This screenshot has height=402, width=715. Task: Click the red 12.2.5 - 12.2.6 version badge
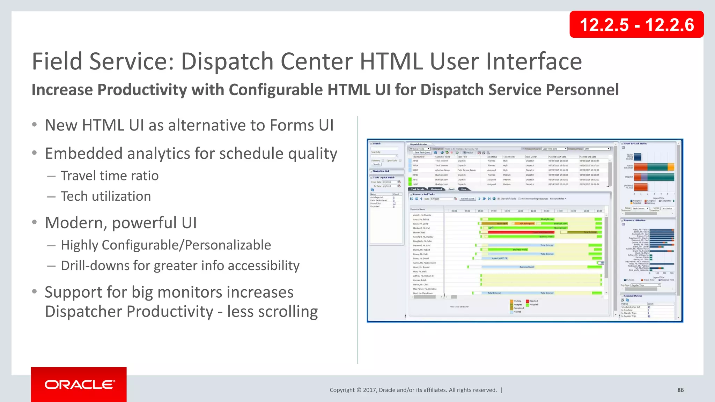[636, 25]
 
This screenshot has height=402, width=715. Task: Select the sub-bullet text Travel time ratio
[110, 176]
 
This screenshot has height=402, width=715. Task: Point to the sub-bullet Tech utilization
[106, 196]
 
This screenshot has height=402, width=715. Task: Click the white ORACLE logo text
[79, 385]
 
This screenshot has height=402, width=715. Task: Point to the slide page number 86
[680, 390]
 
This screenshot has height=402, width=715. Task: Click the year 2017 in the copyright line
[370, 390]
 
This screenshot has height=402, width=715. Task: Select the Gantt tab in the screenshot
[451, 189]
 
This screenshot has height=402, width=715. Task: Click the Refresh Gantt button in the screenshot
[467, 199]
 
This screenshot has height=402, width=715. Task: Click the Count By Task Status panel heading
[635, 143]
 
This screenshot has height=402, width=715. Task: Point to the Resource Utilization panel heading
[635, 221]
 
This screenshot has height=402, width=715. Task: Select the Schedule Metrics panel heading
[633, 296]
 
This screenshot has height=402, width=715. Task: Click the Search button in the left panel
[376, 164]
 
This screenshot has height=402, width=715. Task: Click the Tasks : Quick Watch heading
[384, 178]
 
